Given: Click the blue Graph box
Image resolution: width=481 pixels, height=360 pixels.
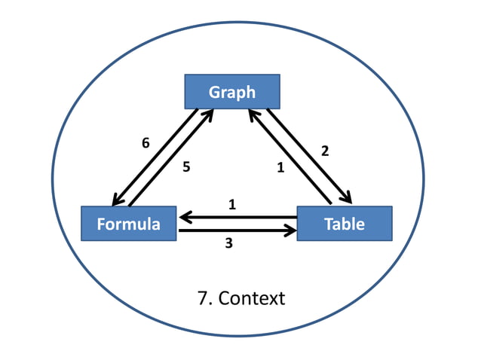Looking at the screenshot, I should (232, 92).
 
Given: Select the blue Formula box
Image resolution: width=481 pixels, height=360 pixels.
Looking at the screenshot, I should (128, 224).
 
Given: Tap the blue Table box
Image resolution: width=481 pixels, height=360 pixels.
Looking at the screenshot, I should (344, 224).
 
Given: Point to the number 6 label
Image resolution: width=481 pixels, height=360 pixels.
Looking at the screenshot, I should (146, 142).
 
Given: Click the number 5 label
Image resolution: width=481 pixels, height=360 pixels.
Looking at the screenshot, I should (185, 168).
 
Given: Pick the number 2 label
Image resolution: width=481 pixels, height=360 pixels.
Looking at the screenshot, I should (325, 151).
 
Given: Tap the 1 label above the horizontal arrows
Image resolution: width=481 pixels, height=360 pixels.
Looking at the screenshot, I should (232, 204).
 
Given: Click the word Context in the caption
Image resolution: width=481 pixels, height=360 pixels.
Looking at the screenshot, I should (252, 298).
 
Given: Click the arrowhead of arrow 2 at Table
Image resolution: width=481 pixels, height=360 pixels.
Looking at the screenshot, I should (346, 198).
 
